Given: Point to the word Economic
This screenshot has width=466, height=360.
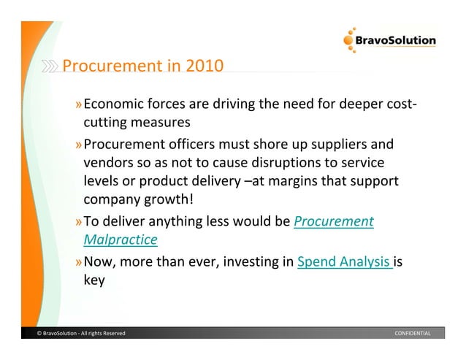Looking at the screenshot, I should pos(120,103).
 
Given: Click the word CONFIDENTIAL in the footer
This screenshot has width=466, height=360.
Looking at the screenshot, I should pos(412,334).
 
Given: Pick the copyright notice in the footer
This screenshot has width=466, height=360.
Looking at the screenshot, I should pos(80,334).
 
